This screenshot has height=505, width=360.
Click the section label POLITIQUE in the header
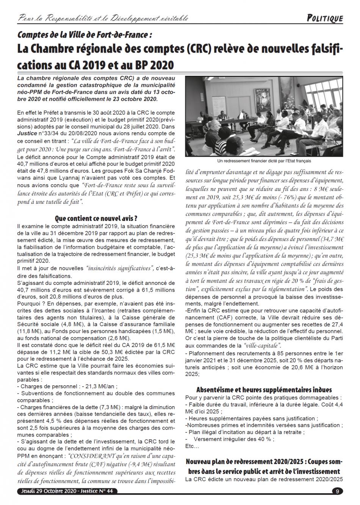tap(324, 18)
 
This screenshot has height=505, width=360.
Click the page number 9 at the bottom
tap(337, 491)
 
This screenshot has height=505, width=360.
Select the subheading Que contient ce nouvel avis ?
tap(96, 218)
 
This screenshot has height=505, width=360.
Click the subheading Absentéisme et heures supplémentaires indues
tap(264, 390)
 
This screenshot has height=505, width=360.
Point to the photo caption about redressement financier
tap(264, 160)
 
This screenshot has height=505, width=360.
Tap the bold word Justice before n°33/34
tap(26, 134)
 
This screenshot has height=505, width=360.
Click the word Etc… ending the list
tap(192, 446)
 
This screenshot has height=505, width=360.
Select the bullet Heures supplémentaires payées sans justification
tap(252, 418)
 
